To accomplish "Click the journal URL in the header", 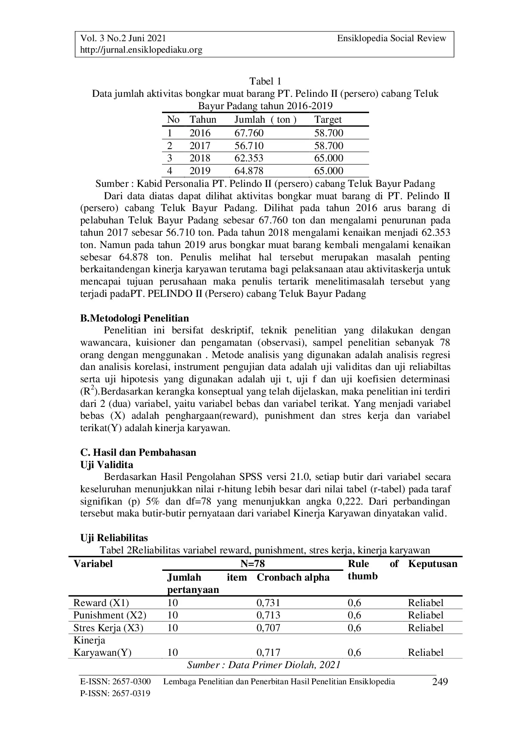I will (x=141, y=50).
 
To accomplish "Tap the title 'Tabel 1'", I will (x=265, y=81).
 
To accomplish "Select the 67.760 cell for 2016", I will (x=249, y=133).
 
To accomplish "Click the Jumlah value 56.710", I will (x=249, y=146).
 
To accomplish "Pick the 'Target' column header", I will (x=328, y=120).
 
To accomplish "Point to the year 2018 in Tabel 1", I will (x=200, y=158).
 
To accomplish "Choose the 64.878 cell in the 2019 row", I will (x=249, y=171).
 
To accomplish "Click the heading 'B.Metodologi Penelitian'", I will (x=134, y=318).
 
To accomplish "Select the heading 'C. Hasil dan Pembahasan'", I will (x=138, y=452).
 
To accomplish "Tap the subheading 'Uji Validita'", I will (x=106, y=465).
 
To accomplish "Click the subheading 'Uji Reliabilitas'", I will (x=114, y=538).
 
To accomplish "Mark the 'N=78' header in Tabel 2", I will (x=252, y=564).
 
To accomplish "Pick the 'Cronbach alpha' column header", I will (x=293, y=577).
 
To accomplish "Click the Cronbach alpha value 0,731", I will (x=269, y=603).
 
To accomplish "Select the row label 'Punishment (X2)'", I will (x=110, y=615).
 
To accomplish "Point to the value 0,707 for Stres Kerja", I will (x=269, y=628).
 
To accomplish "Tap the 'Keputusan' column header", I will (x=433, y=564).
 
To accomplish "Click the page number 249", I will (x=440, y=682).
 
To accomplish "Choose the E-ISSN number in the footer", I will (x=115, y=682).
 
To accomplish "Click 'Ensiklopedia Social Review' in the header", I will (x=392, y=39).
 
